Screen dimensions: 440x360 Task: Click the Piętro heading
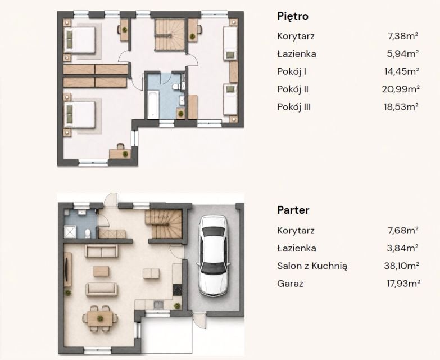coord(293,16)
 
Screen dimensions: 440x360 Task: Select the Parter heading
coord(293,210)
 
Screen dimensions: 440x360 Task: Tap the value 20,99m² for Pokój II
coord(401,89)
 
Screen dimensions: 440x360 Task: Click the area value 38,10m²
coord(401,265)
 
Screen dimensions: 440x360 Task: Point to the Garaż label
coord(290,283)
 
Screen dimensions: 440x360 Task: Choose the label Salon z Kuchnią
coord(312,266)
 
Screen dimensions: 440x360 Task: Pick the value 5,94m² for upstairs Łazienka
coord(403,53)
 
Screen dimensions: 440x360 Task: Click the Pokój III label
coord(294,107)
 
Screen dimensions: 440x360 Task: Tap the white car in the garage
coord(214,256)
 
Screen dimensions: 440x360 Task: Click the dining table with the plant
coord(100,318)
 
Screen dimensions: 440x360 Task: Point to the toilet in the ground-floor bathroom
coord(88,233)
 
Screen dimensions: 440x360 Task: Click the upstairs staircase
coord(170,34)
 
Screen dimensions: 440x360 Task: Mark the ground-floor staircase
coord(164,224)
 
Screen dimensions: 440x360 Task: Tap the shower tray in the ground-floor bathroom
coord(70,232)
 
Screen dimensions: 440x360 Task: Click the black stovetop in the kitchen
coord(177,290)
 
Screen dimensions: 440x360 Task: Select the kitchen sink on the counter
coord(158,305)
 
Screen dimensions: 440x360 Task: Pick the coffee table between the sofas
coord(101,271)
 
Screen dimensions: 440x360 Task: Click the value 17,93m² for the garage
coord(403,283)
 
